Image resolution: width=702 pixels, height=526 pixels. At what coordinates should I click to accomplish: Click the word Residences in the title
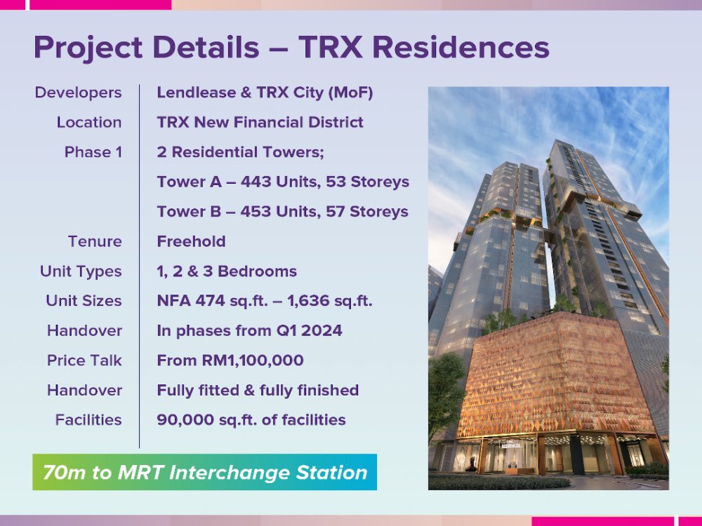point(461,47)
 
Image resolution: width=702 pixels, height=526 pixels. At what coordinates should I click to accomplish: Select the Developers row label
point(79,93)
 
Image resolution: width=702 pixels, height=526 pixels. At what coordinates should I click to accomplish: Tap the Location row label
point(89,122)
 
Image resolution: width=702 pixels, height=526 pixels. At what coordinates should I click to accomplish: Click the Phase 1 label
point(93,152)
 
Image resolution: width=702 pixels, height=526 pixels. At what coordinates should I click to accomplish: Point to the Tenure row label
point(95,241)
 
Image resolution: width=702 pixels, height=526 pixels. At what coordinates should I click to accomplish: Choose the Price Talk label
point(85,360)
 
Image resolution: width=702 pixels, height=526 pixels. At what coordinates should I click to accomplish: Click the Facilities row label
point(88,420)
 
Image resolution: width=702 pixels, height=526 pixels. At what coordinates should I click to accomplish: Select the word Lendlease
point(197,93)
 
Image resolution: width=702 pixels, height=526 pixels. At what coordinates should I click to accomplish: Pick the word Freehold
point(191,241)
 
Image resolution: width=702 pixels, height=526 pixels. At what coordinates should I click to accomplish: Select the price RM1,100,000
point(253,360)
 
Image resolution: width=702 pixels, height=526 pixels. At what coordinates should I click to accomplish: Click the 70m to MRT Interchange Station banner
point(204,472)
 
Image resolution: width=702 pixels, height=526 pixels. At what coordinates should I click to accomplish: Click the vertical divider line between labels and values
point(139,266)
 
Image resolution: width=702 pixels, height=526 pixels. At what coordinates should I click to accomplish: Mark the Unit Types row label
point(81,271)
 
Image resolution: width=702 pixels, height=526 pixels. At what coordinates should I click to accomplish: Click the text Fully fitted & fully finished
point(258,391)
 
